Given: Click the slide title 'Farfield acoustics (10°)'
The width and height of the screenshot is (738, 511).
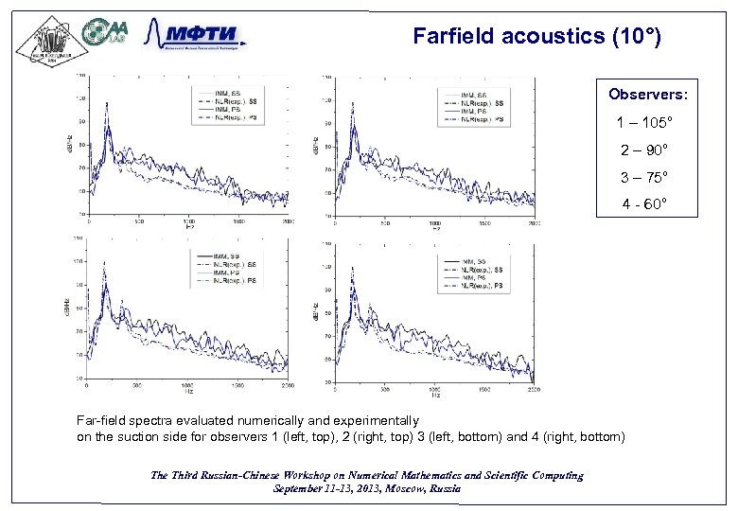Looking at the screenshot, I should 536,37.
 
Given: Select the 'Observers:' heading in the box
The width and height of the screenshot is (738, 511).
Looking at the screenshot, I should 648,95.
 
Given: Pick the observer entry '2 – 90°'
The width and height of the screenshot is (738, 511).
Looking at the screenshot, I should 648,150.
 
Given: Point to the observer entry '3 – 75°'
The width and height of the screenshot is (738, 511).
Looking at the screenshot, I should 648,177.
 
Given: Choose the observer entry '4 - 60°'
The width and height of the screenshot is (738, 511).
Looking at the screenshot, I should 648,203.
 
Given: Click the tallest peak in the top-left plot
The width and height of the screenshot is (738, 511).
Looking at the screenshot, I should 107,106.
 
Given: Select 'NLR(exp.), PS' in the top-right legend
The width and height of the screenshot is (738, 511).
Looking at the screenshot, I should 483,119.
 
